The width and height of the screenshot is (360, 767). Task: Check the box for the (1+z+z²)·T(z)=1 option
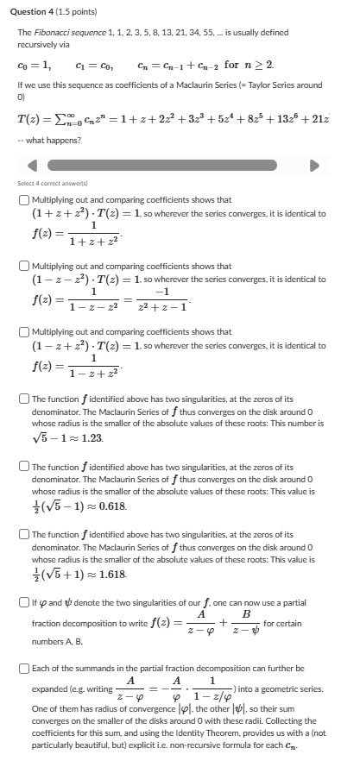(x=23, y=199)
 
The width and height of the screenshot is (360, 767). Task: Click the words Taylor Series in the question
(x=247, y=85)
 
